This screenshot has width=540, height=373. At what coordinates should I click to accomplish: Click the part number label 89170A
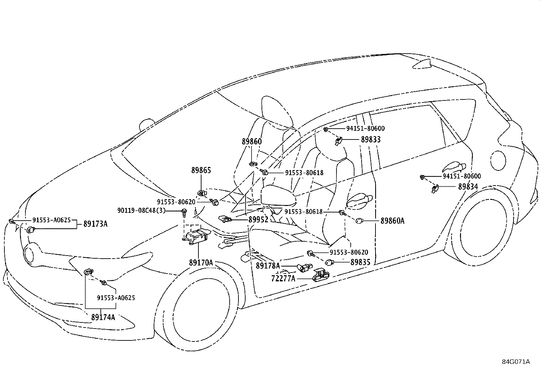click(x=201, y=262)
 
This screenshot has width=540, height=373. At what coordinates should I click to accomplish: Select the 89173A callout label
click(x=95, y=224)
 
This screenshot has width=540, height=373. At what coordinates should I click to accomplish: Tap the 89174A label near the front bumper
click(x=103, y=317)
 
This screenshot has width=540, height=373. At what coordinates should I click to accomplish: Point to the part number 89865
click(x=201, y=170)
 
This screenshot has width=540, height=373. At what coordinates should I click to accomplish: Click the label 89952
click(x=258, y=220)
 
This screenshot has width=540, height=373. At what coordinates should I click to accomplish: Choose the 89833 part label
click(x=371, y=139)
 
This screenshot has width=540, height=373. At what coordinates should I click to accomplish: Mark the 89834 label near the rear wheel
click(x=468, y=187)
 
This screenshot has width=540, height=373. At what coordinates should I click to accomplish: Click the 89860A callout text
click(x=392, y=221)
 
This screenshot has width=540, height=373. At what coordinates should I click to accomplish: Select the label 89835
click(x=361, y=262)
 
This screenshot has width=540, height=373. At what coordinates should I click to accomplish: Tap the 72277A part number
click(x=283, y=279)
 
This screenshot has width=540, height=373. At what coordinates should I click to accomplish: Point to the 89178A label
click(x=268, y=266)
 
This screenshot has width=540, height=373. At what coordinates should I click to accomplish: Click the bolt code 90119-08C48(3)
click(x=141, y=210)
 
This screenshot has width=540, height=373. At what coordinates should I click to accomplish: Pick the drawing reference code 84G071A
click(x=516, y=362)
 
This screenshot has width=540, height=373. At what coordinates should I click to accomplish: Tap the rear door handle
click(x=453, y=167)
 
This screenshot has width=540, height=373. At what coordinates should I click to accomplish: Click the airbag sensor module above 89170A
click(x=196, y=237)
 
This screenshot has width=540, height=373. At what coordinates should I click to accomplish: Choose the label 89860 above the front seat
click(x=252, y=142)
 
